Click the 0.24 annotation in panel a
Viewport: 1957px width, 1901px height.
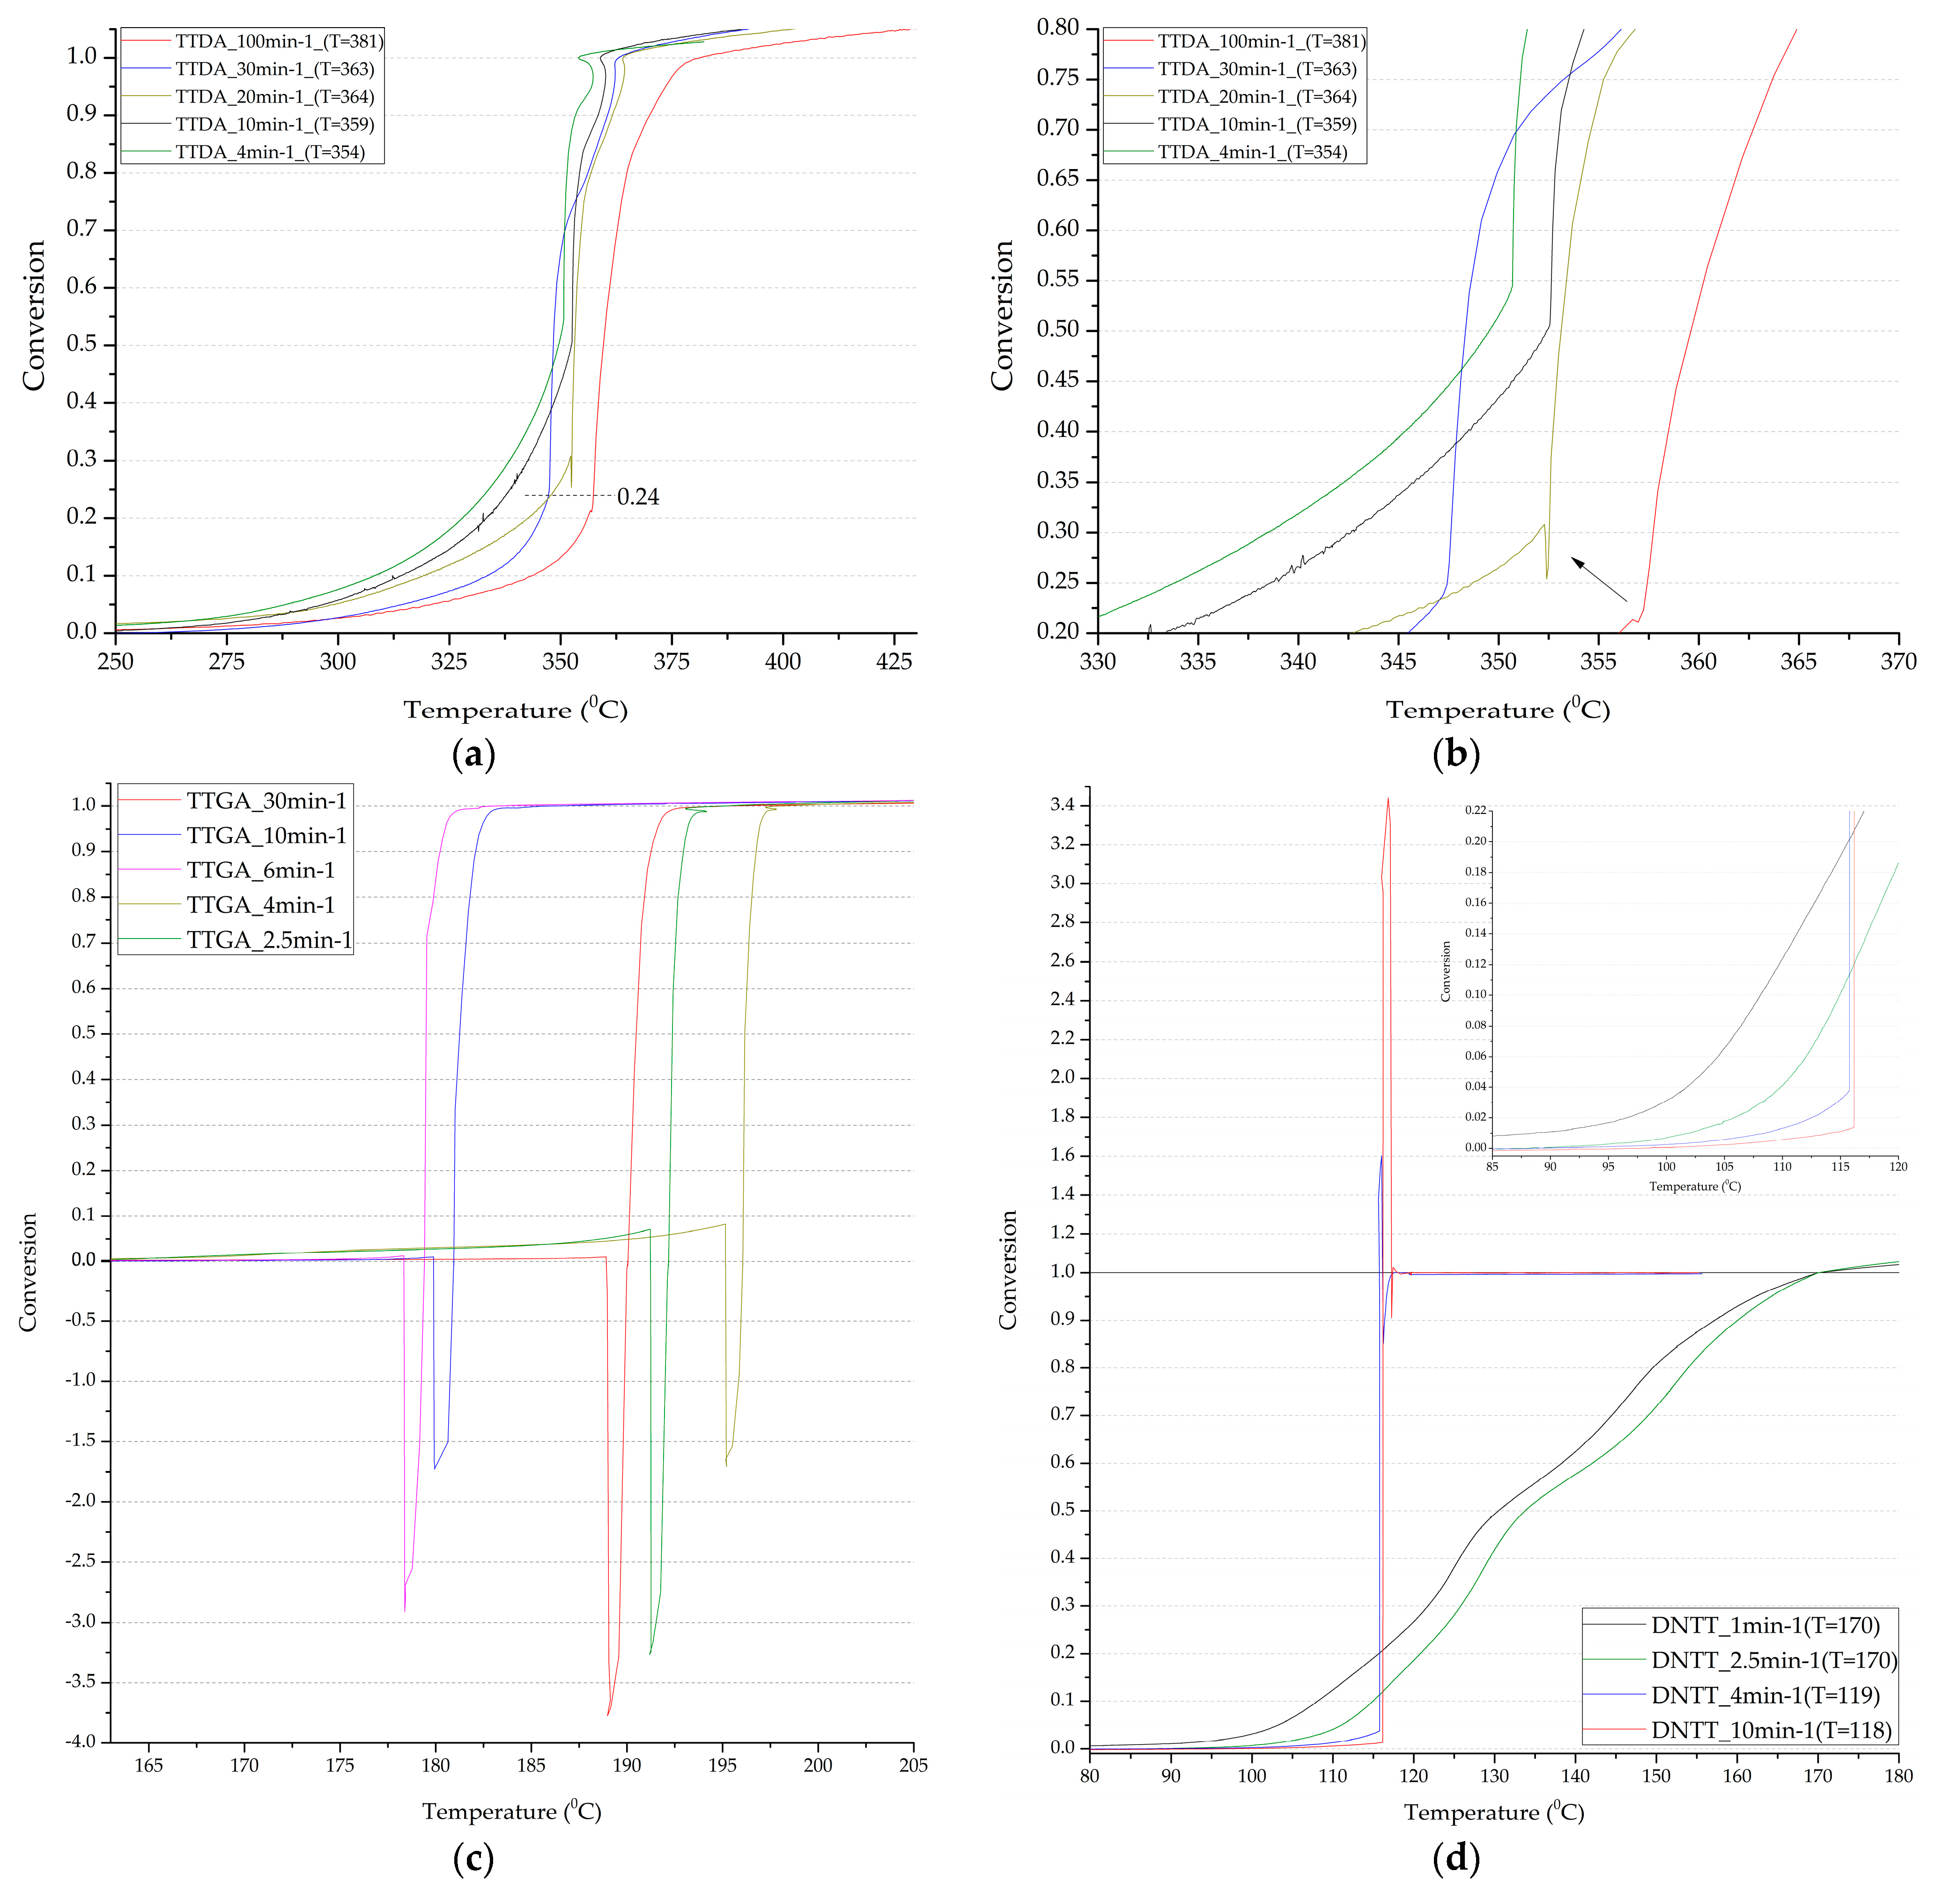coord(638,497)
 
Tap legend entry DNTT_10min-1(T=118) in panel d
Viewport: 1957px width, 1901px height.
coord(1771,1730)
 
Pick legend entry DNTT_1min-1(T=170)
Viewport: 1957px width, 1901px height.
coord(1765,1626)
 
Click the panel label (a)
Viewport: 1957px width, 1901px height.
coord(473,754)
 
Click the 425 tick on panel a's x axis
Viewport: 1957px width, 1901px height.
coord(894,661)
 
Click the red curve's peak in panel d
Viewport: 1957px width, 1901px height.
coord(1388,799)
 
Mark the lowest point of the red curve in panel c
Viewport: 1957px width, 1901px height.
coord(608,1714)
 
